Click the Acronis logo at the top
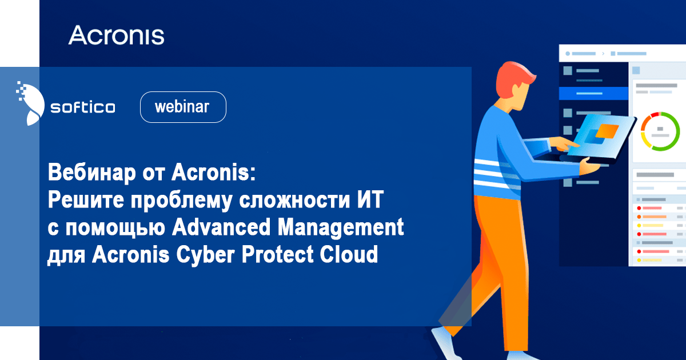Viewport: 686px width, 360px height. pos(116,35)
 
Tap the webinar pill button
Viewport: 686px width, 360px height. pos(183,107)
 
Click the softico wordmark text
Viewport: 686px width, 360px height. pos(83,107)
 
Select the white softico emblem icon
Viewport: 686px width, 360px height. pos(30,103)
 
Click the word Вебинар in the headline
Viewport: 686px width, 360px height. pos(91,173)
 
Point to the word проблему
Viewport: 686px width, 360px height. pos(181,201)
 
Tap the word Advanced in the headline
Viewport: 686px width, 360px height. pos(221,227)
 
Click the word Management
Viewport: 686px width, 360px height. pos(341,228)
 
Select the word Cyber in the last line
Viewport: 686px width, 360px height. pos(205,255)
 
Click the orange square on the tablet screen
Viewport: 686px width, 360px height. pos(607,131)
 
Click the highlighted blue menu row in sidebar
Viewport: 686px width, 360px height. pos(593,93)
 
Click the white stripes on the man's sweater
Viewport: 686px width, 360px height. pos(497,175)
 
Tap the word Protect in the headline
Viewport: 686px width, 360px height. pos(277,254)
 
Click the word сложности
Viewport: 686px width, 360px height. pos(294,201)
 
